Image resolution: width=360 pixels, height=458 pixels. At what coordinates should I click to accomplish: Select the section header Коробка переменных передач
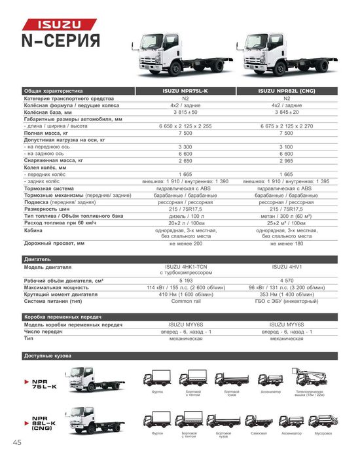coord(63,317)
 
